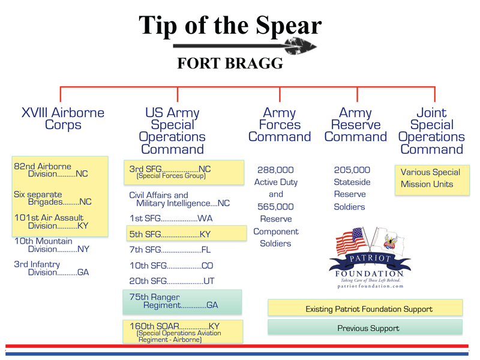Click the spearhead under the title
coord(300,46)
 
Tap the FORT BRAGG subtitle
coord(230,64)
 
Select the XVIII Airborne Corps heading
coord(63,119)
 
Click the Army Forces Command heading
coord(280,125)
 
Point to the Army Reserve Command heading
coord(355,125)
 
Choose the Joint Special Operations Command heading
coord(431,131)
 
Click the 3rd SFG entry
coord(184,172)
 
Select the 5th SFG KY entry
coord(187,233)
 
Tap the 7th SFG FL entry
coord(170,250)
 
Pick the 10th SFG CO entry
coord(171,265)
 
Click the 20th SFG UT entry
coord(172,281)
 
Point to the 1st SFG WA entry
coord(171,218)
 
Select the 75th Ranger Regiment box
coord(182,302)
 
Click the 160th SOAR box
coord(183,332)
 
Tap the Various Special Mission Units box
coord(432,181)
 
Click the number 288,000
coord(275,170)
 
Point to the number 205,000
coord(352,170)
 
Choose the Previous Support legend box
coord(365,327)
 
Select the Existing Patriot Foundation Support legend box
coord(365,308)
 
